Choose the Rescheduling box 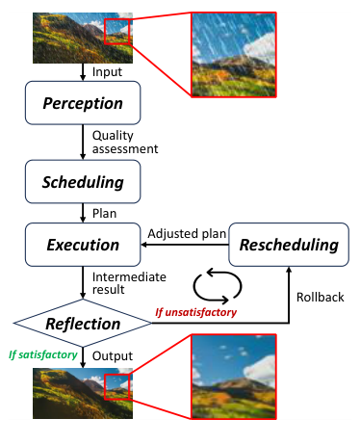pos(288,245)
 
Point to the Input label pos(109,72)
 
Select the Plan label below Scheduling pos(105,212)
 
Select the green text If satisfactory pos(41,355)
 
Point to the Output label pos(113,355)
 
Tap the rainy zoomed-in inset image pos(232,53)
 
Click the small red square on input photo pos(116,32)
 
